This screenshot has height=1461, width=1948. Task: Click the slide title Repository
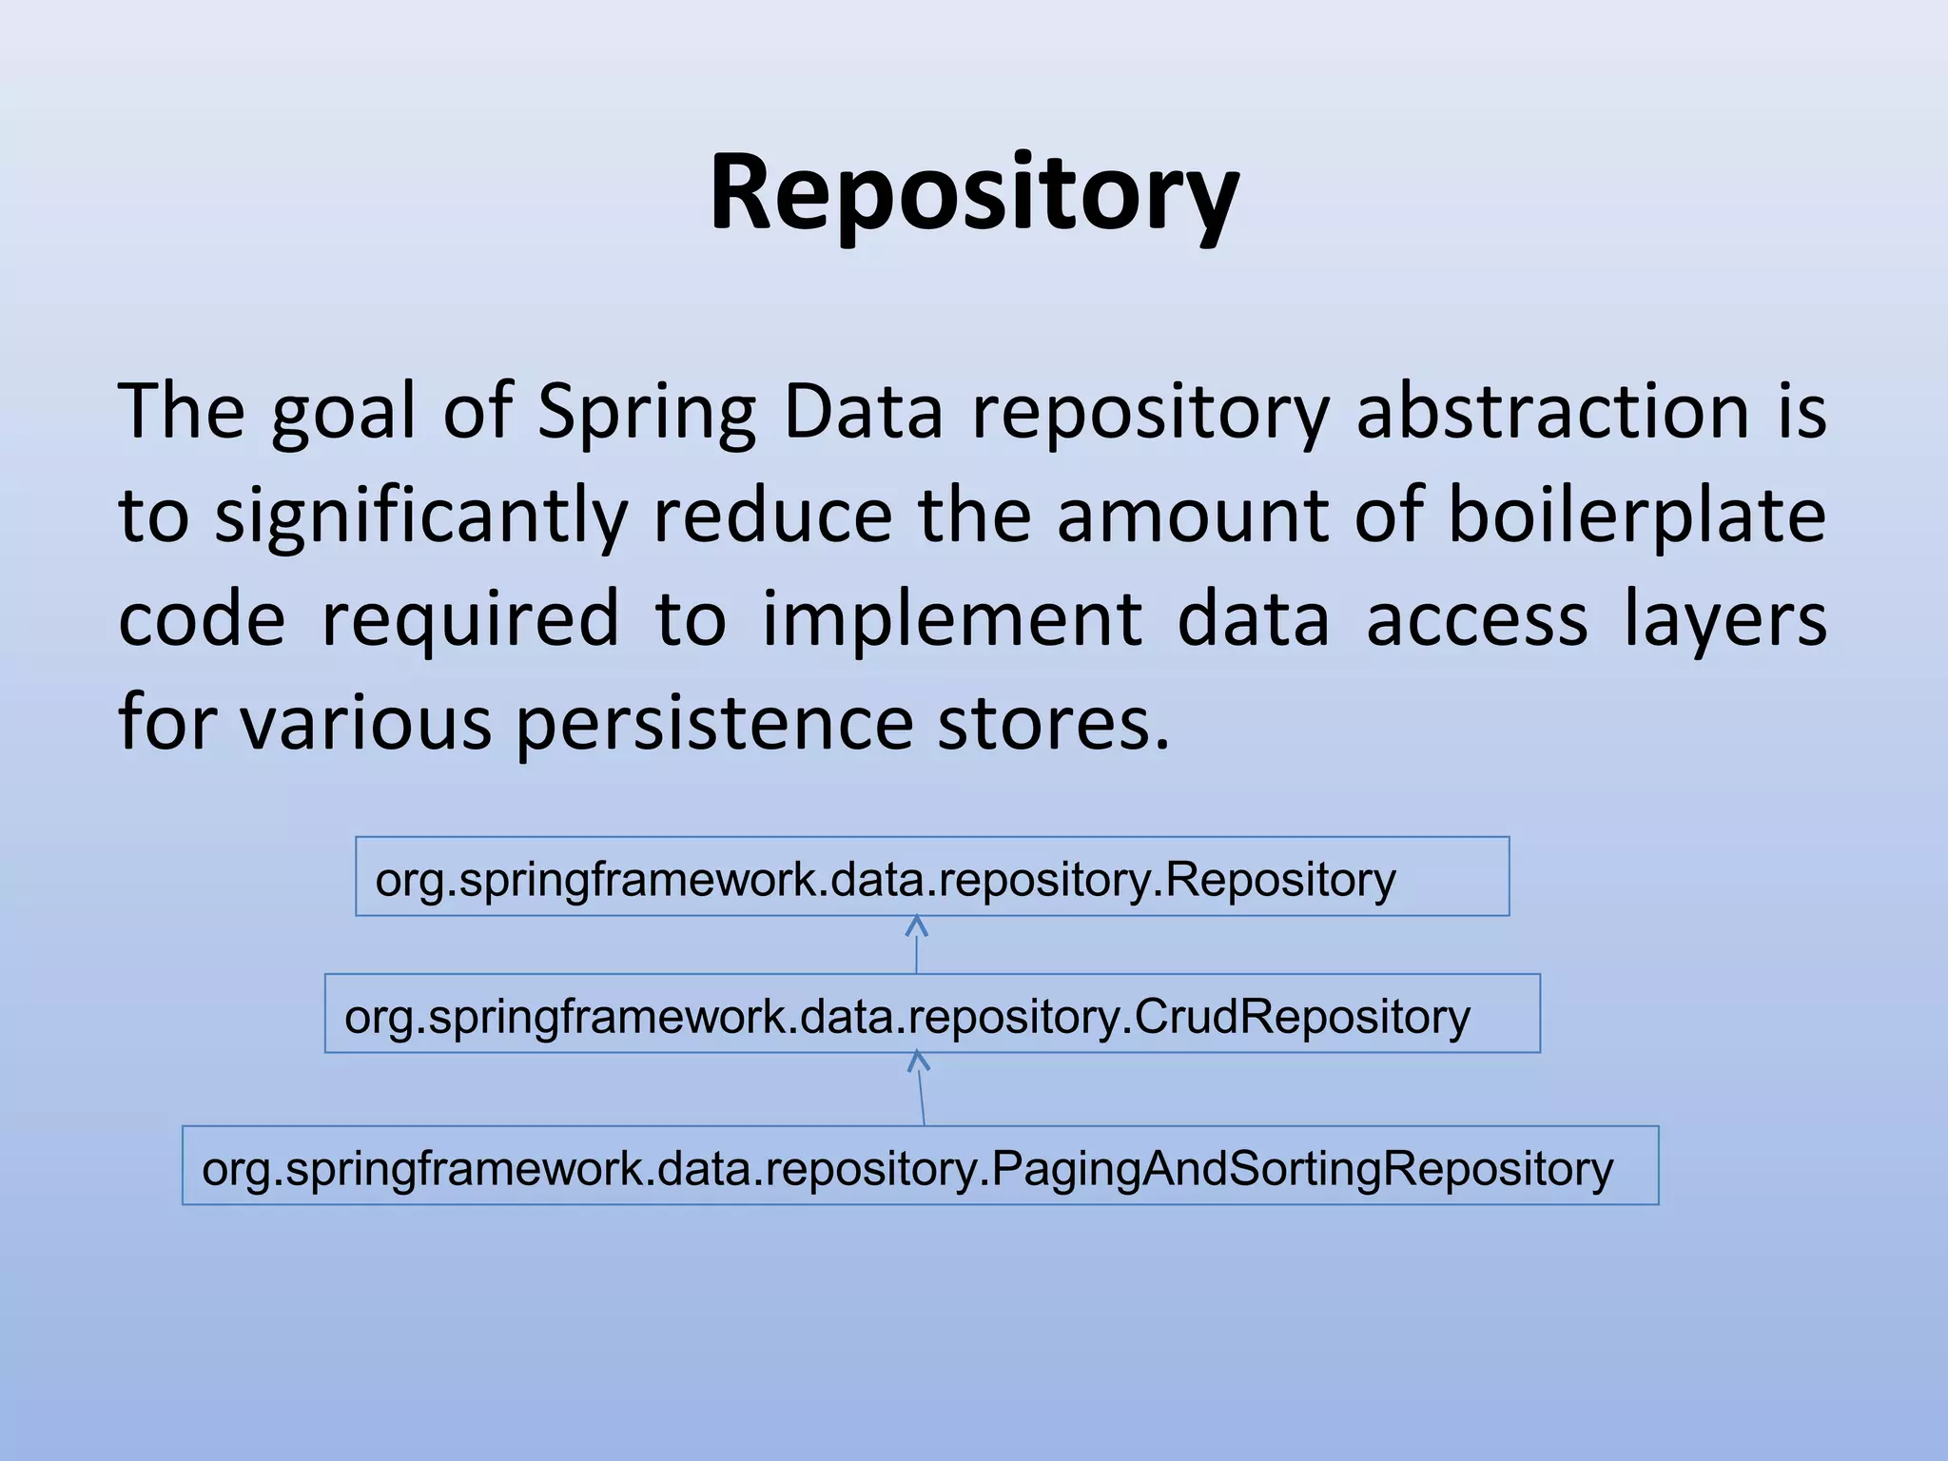coord(974,195)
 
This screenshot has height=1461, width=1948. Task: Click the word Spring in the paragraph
coord(646,412)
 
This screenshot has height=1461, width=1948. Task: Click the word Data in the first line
coord(863,412)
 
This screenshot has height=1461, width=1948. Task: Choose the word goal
coord(343,412)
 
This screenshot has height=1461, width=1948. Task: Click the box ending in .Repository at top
coord(932,877)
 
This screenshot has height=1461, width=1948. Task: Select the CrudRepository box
coord(932,1014)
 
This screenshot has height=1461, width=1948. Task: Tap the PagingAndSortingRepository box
coord(920,1166)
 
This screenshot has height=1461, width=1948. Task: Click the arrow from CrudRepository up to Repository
coord(916,945)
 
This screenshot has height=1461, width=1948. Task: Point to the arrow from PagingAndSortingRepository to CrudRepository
coord(920,1090)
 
